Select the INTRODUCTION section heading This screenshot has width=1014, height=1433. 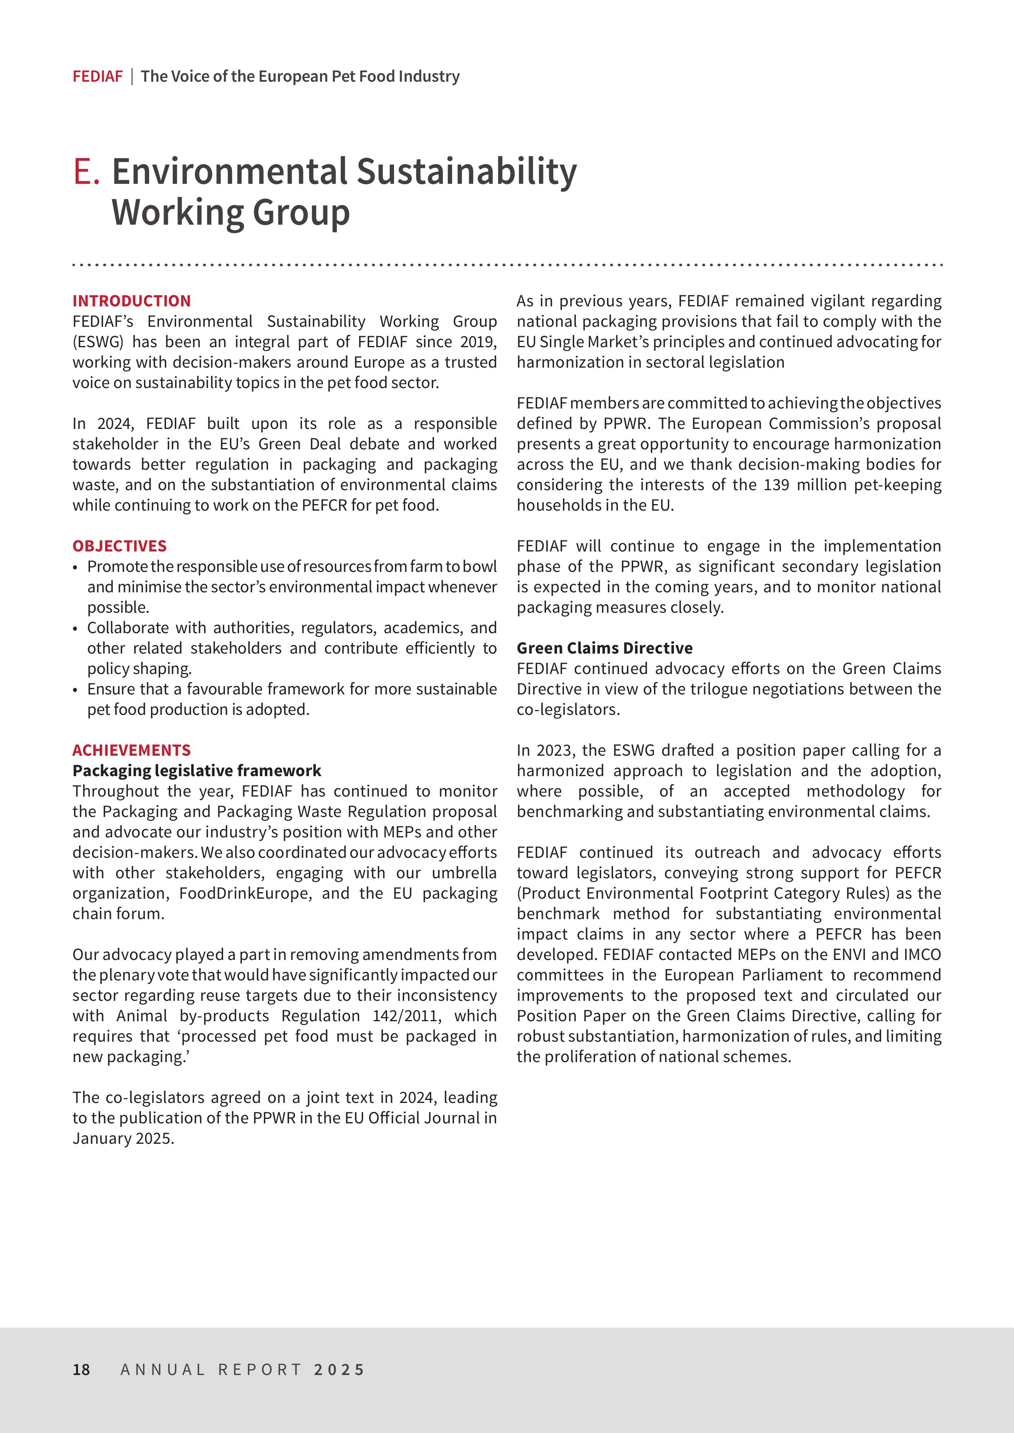point(131,301)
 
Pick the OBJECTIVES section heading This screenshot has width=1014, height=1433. point(119,546)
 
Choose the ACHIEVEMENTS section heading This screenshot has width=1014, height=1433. point(131,750)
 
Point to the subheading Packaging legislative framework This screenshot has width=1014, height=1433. point(196,771)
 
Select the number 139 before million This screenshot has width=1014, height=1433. point(777,485)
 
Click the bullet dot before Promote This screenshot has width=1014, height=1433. point(76,567)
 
